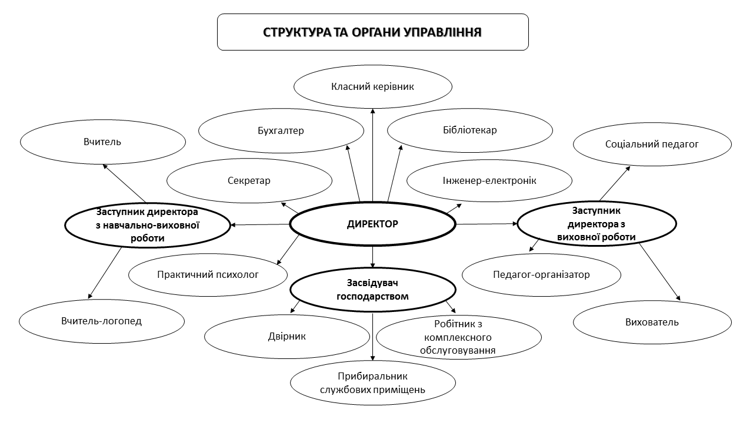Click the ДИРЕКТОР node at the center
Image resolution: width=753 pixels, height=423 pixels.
(372, 224)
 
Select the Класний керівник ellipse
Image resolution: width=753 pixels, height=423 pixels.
(373, 86)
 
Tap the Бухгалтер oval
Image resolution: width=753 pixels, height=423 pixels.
(281, 130)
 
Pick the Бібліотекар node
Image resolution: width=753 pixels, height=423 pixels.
(470, 130)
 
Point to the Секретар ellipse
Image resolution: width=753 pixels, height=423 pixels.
(249, 180)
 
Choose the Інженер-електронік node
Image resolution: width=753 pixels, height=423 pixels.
(489, 180)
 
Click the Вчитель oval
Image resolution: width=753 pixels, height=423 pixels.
(102, 142)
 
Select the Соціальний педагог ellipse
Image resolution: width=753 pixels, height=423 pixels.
(652, 144)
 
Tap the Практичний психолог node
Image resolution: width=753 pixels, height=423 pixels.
(208, 275)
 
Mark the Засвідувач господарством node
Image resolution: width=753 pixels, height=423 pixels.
(373, 290)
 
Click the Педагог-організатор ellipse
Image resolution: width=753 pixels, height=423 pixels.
(541, 275)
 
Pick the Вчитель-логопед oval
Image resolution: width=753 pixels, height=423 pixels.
(102, 321)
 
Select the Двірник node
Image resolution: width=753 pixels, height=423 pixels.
(287, 337)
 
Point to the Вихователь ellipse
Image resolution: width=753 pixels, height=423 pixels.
(652, 323)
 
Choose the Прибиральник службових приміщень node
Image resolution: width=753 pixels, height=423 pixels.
(373, 383)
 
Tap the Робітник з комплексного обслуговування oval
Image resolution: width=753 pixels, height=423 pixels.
(458, 337)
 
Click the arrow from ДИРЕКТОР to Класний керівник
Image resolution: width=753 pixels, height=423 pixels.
(372, 155)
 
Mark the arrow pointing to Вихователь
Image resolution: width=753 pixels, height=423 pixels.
(659, 272)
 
